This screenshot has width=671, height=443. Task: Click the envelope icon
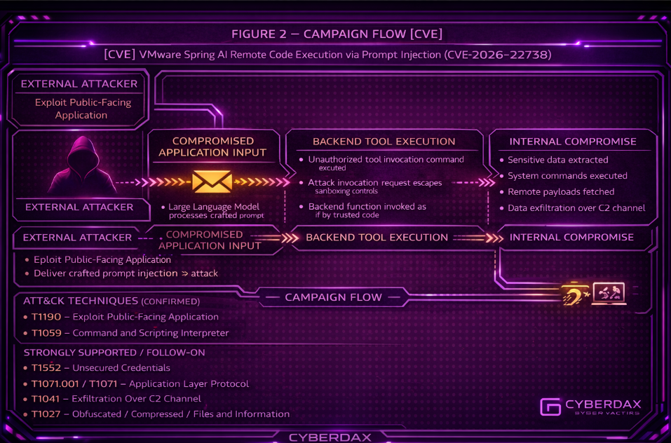[212, 182]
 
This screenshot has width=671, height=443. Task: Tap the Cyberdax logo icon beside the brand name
[550, 407]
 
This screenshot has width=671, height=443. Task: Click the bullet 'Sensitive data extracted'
[558, 160]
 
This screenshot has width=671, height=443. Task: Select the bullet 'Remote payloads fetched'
[561, 191]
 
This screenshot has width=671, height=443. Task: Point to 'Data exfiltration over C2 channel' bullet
[577, 207]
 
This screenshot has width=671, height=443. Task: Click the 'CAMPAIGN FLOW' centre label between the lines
[333, 297]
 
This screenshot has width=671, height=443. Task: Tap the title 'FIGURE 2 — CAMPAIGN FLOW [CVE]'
[337, 34]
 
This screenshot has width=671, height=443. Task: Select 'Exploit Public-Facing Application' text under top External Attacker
[82, 109]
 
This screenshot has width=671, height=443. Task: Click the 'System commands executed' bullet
[567, 176]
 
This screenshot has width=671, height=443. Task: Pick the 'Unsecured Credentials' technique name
[121, 368]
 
